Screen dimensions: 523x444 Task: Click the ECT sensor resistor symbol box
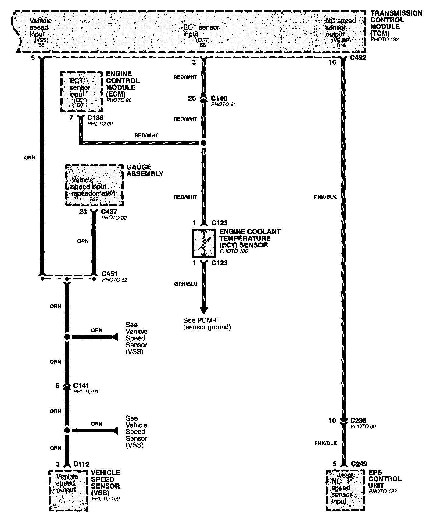[204, 243]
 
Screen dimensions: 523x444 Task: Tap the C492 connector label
[358, 58]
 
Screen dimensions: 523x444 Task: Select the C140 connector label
[219, 98]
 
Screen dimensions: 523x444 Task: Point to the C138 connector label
[95, 118]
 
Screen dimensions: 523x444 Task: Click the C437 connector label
[109, 212]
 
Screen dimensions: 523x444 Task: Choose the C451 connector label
[109, 274]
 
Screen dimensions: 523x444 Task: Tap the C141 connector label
[81, 386]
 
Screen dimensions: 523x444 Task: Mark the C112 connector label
[81, 464]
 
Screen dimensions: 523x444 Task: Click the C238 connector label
[358, 420]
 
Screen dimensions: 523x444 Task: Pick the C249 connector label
[359, 464]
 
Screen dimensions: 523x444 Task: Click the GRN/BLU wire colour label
[186, 284]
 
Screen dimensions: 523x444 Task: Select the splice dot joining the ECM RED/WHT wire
[203, 143]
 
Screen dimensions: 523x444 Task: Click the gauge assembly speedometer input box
[94, 186]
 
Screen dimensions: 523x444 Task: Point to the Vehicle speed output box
[68, 490]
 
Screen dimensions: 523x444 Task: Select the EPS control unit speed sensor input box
[345, 490]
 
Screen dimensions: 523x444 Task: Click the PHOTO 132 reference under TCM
[385, 40]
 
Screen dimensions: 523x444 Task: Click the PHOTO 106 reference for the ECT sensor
[234, 251]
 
